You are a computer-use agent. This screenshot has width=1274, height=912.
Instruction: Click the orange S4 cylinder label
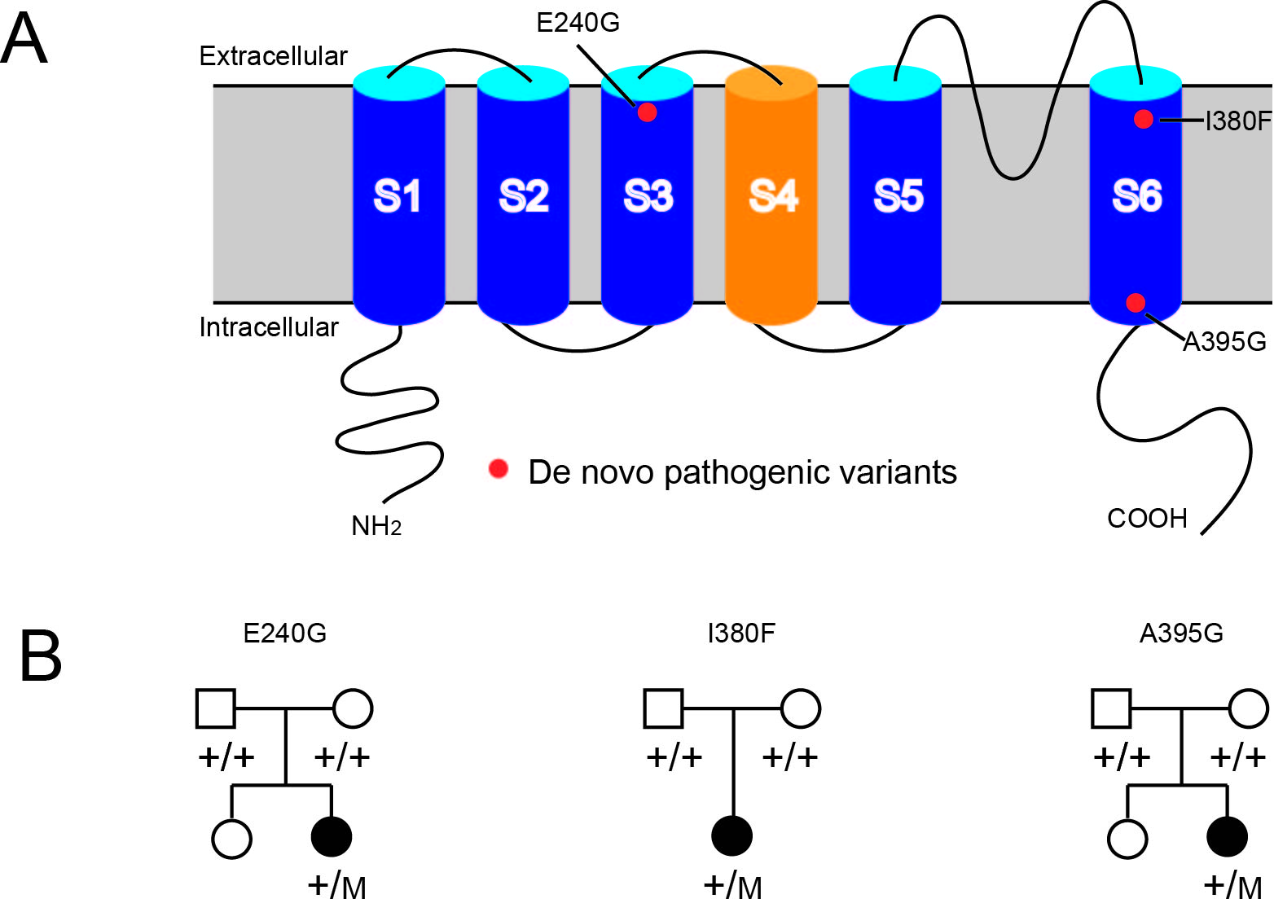(773, 196)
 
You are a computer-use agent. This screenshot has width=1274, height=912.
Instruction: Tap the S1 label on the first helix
(398, 196)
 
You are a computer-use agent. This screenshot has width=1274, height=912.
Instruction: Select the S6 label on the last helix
(1137, 196)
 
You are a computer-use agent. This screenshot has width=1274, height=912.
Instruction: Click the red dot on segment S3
(647, 112)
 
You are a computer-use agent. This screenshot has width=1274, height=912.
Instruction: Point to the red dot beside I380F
(1143, 120)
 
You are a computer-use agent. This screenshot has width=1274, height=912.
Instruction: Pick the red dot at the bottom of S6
(1136, 303)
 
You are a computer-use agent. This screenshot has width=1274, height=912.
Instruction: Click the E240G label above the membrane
(578, 23)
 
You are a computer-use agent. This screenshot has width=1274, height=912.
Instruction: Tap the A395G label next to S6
(1224, 342)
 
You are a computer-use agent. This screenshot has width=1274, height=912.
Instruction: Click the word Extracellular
(273, 56)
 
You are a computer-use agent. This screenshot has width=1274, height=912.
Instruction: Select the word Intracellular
(269, 327)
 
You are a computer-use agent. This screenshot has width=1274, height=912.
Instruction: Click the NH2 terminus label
(376, 527)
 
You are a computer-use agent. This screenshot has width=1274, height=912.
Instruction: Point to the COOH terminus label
(1147, 519)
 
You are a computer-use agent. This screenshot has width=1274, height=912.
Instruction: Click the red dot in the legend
(498, 468)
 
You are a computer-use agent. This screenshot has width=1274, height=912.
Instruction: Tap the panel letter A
(24, 39)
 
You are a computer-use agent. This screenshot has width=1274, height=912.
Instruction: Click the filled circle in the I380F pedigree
(732, 836)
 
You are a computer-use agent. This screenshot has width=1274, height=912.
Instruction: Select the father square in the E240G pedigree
(216, 708)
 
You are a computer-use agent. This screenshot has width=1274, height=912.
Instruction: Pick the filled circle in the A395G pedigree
(1228, 836)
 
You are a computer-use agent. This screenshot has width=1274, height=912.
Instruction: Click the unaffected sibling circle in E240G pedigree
(231, 839)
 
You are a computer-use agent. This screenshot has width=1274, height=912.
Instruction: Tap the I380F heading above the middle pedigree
(741, 634)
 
